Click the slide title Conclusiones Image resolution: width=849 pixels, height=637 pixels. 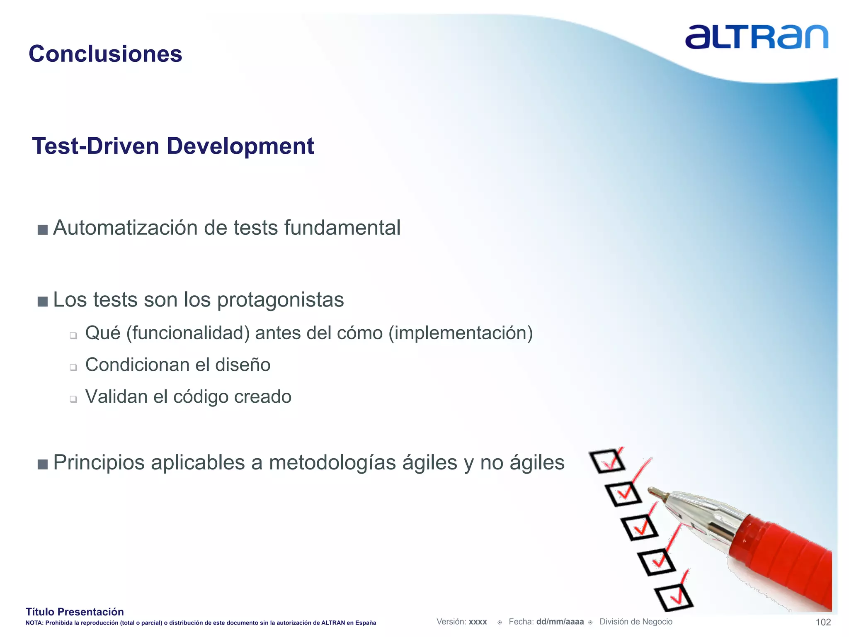click(105, 54)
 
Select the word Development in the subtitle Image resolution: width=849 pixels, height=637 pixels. click(240, 146)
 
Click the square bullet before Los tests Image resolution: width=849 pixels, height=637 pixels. click(42, 301)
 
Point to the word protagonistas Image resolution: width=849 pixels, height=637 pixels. click(280, 300)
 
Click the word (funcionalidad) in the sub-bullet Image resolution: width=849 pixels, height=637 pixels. click(188, 333)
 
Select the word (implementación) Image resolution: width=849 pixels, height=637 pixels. click(460, 333)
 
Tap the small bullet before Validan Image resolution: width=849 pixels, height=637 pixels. click(73, 399)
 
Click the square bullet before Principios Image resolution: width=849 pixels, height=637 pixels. click(42, 464)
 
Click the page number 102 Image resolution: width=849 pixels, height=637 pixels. click(823, 622)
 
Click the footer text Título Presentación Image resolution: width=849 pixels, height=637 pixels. click(75, 612)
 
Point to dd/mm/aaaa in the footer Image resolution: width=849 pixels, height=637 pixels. click(560, 622)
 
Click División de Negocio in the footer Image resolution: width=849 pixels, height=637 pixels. click(636, 622)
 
